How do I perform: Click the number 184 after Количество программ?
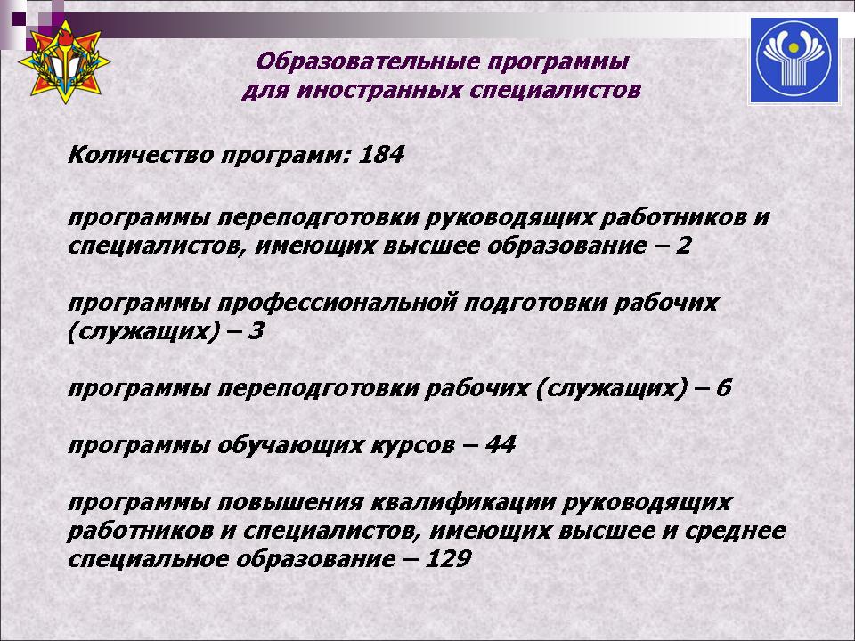click(x=381, y=155)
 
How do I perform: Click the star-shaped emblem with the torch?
click(x=64, y=61)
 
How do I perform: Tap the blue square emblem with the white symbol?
click(x=794, y=61)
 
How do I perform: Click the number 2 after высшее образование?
click(x=683, y=246)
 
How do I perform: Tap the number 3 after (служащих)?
click(x=256, y=331)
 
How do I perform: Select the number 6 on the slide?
click(x=723, y=388)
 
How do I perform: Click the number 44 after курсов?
click(x=500, y=445)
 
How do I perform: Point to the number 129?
click(x=447, y=559)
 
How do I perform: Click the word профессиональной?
click(x=337, y=303)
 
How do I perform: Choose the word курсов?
click(x=412, y=446)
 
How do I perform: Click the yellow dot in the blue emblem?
click(x=794, y=49)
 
